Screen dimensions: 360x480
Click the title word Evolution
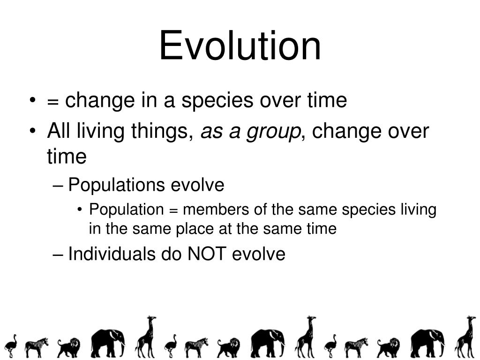coord(240,46)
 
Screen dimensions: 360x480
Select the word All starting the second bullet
coord(59,132)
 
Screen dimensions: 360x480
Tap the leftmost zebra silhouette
coord(36,347)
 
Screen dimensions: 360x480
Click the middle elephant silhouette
coord(267,343)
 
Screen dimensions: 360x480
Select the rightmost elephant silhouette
coord(427,343)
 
